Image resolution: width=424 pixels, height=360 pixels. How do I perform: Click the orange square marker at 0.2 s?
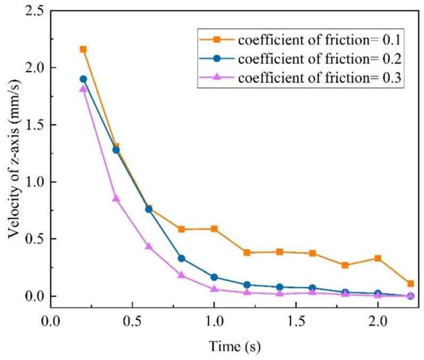[x=83, y=49]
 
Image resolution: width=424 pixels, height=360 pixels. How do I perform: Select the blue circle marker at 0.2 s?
[x=83, y=79]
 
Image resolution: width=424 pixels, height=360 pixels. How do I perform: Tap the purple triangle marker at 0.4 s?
[x=116, y=198]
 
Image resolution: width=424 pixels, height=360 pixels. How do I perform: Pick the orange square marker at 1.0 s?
[x=214, y=229]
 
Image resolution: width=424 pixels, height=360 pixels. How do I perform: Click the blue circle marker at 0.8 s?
[x=181, y=259]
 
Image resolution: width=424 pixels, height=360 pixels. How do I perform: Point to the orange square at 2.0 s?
[x=378, y=258]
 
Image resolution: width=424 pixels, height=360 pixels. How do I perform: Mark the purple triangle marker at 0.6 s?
[x=149, y=246]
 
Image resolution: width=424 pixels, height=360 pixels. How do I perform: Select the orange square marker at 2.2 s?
[x=410, y=284]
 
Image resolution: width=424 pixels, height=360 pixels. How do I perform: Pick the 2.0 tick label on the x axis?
[x=378, y=321]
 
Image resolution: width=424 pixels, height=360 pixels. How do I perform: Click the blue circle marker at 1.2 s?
[x=247, y=285]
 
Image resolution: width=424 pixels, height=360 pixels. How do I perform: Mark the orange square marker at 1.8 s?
[x=345, y=265]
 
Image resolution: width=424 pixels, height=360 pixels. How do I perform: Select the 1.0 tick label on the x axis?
[x=214, y=321]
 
